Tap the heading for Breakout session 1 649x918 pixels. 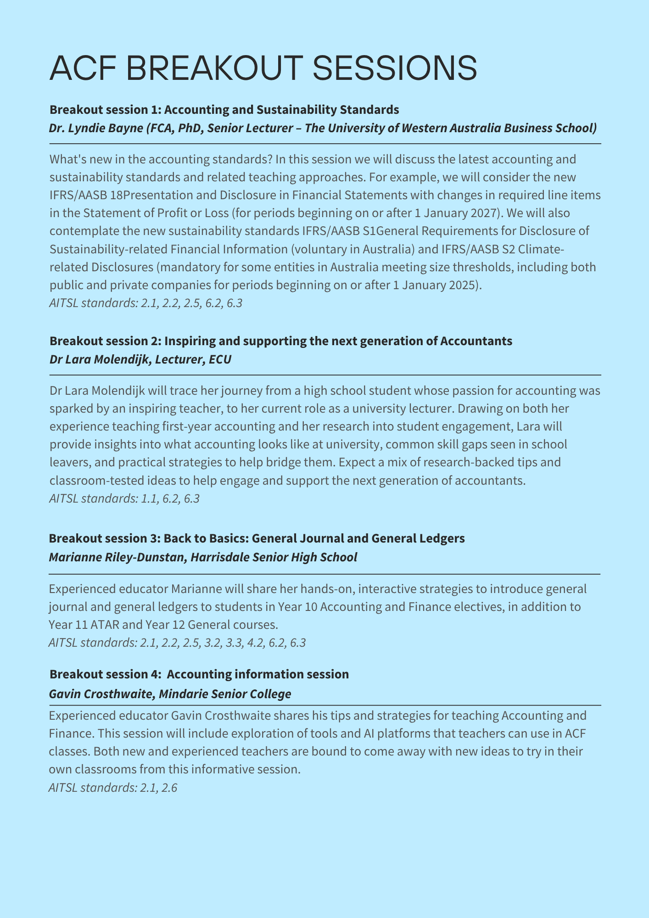tap(224, 110)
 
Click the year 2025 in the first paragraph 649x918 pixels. tap(462, 285)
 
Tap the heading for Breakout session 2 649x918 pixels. tap(280, 341)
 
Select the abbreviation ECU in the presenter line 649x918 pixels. tap(220, 359)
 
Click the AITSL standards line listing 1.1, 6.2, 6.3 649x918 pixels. tap(124, 498)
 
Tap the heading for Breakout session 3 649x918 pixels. tap(257, 538)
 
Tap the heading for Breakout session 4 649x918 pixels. tap(199, 674)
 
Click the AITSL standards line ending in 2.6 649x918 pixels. tap(113, 788)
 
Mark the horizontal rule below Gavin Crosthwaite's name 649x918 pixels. tap(324, 705)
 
